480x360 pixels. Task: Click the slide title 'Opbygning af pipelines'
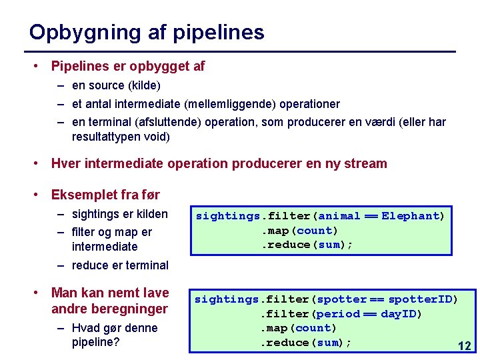pyautogui.click(x=147, y=32)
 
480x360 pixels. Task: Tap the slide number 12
pyautogui.click(x=464, y=346)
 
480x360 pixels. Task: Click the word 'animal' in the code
pyautogui.click(x=339, y=216)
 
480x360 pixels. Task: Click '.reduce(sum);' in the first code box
pyautogui.click(x=306, y=245)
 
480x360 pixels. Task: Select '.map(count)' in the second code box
pyautogui.click(x=298, y=328)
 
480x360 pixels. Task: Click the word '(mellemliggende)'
pyautogui.click(x=227, y=104)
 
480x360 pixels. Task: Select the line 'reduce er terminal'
pyautogui.click(x=120, y=265)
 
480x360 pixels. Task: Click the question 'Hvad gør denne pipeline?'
pyautogui.click(x=114, y=335)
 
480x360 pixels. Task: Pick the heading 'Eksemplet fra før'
pyautogui.click(x=105, y=195)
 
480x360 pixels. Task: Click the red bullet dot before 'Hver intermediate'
pyautogui.click(x=39, y=163)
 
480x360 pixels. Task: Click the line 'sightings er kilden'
pyautogui.click(x=119, y=214)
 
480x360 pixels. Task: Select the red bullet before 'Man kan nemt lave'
pyautogui.click(x=39, y=293)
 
